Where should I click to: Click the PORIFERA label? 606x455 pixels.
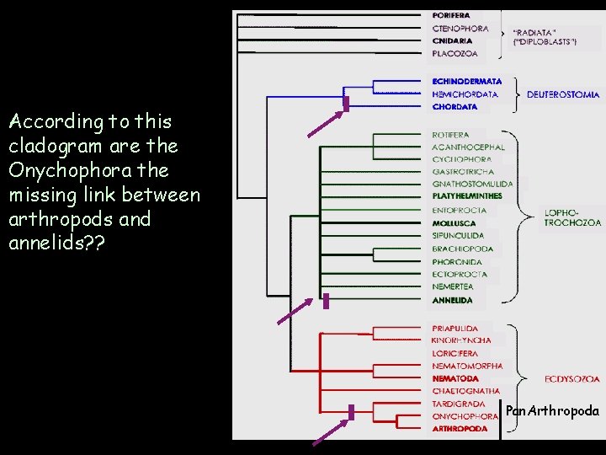[x=451, y=15]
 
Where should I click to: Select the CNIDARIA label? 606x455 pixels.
[x=452, y=40]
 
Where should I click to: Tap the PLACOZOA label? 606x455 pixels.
[x=454, y=53]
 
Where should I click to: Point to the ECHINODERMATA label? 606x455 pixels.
[x=466, y=82]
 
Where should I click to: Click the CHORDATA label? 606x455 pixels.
[x=454, y=107]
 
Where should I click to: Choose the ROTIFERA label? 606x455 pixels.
[x=450, y=135]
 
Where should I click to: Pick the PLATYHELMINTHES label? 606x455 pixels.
[x=467, y=196]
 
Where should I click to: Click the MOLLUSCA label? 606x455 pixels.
[x=454, y=223]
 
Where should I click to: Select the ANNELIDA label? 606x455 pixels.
[x=452, y=300]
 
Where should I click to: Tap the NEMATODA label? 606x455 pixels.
[x=454, y=379]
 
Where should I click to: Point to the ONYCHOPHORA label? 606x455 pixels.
[x=465, y=416]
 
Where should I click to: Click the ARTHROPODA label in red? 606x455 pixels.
[x=460, y=429]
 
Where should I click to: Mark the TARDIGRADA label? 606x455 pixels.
[x=459, y=404]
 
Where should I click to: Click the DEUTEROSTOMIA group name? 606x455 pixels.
[x=563, y=95]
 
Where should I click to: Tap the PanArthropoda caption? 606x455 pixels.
[x=552, y=411]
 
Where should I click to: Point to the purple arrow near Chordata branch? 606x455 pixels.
[x=324, y=123]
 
